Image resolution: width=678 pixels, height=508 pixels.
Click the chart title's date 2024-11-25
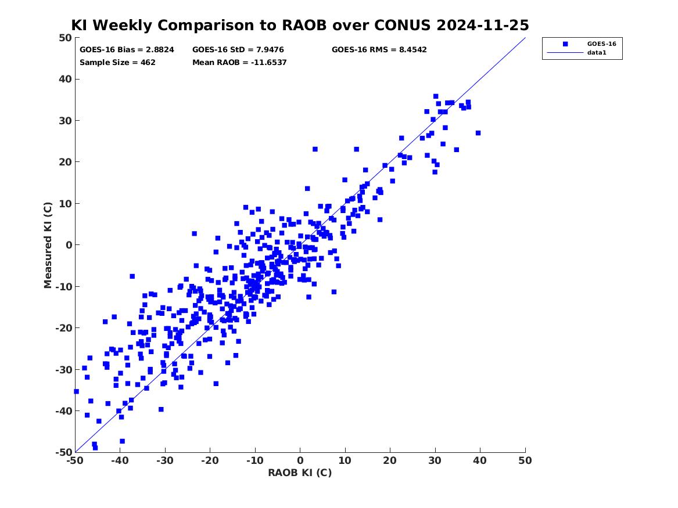(x=483, y=25)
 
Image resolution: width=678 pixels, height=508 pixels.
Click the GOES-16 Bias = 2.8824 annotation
(x=127, y=50)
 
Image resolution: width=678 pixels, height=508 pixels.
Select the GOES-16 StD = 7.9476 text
(x=238, y=50)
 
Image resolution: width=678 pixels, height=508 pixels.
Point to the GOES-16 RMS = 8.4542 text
(x=379, y=50)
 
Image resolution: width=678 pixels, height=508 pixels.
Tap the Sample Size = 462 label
(x=117, y=63)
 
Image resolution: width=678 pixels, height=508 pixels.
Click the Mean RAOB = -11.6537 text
(x=239, y=63)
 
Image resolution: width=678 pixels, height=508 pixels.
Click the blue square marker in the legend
(x=565, y=44)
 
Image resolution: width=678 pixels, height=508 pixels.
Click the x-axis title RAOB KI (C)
(x=300, y=473)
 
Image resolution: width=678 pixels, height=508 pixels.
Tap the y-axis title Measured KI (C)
(x=48, y=245)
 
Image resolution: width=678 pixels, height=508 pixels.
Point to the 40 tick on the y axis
(x=65, y=79)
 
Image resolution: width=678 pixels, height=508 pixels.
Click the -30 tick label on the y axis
(x=63, y=369)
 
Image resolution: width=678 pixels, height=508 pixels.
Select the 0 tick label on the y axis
(x=68, y=245)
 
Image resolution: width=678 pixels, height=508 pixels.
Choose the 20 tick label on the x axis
(x=390, y=460)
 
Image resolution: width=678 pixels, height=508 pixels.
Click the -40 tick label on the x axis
(x=120, y=460)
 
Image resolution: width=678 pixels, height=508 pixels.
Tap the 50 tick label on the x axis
(x=525, y=460)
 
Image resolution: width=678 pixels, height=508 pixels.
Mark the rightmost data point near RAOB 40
(x=478, y=133)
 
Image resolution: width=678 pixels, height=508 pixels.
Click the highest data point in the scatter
(x=435, y=96)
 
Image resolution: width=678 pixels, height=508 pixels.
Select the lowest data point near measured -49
(x=95, y=448)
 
